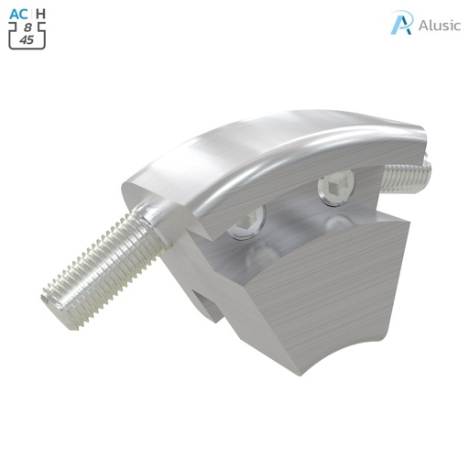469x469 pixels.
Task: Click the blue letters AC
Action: (19, 14)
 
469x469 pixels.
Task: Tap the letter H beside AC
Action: (40, 14)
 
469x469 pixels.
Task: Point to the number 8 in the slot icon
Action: (27, 27)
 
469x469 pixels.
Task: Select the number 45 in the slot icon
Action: (27, 40)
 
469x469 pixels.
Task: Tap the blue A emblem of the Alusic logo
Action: (401, 23)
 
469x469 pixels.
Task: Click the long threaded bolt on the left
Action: (101, 261)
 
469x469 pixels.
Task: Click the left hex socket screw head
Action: (249, 220)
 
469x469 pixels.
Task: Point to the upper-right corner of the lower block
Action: (404, 224)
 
